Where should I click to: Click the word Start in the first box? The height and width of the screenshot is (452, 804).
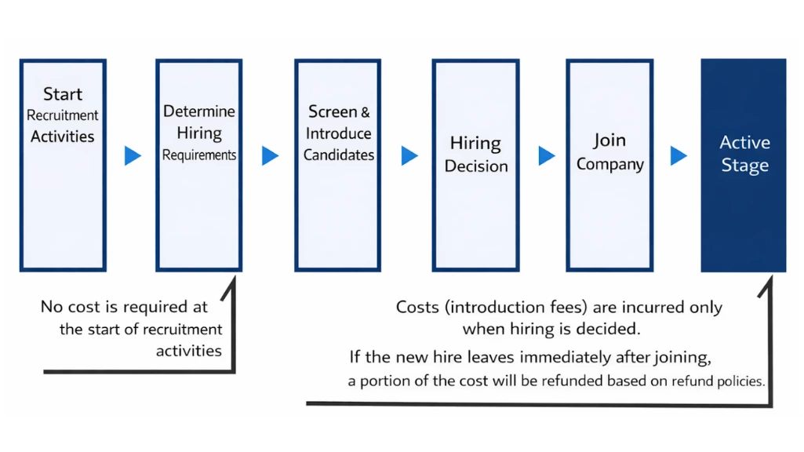point(63,94)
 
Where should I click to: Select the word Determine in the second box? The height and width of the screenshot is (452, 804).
point(199,111)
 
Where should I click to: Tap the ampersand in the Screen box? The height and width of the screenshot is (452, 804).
point(365,112)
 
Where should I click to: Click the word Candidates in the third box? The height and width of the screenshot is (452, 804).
point(339,155)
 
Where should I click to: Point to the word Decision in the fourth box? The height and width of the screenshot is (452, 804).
point(476,166)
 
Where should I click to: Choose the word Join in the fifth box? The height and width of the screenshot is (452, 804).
point(609,140)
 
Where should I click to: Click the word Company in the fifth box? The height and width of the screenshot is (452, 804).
point(609,165)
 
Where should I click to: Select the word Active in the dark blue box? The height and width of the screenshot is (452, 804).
point(744,143)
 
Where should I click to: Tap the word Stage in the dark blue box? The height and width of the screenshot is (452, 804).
point(744,166)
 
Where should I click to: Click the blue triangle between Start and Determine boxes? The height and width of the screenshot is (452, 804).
point(133,156)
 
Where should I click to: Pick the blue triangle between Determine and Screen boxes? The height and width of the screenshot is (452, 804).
point(270,156)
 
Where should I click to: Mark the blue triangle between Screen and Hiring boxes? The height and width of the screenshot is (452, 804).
point(409,156)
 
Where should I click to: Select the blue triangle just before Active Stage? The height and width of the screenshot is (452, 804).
point(678,156)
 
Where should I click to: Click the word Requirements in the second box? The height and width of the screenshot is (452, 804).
point(199,155)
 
